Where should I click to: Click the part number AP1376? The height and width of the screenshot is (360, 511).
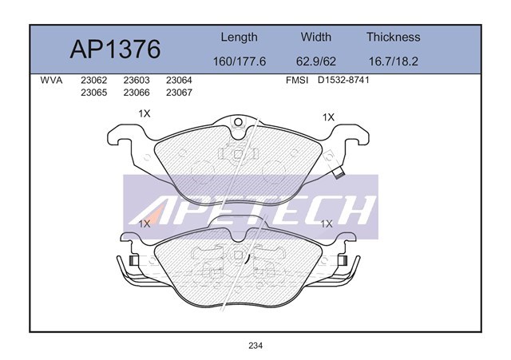115,49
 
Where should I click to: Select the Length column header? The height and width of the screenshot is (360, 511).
239,38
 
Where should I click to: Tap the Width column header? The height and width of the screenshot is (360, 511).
316,37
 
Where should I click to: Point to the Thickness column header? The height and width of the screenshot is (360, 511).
393,37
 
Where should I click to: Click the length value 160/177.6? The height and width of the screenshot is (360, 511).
240,61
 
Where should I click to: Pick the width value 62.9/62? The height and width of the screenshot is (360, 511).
316,61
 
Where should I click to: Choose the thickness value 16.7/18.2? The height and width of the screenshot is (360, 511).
393,61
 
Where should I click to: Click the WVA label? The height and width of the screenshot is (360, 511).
51,80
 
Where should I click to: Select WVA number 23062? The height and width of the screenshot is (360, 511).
94,80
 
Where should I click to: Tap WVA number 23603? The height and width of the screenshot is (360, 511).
137,80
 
